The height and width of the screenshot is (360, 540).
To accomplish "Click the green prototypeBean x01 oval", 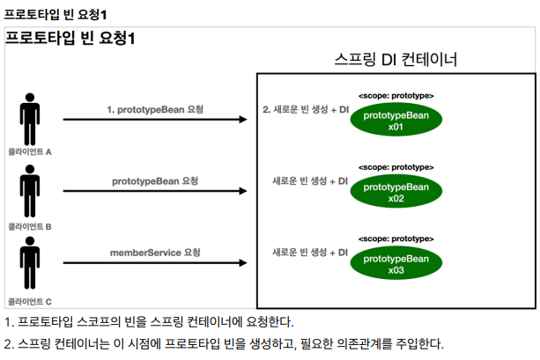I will (396, 121).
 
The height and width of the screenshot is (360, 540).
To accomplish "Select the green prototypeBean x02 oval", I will (396, 193).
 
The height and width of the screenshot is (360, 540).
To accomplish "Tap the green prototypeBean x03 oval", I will (396, 263).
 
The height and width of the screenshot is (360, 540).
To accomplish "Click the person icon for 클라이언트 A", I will (30, 119).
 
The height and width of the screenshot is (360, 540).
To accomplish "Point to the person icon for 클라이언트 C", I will (30, 267).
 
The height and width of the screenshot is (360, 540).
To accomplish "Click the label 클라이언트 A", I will (30, 151).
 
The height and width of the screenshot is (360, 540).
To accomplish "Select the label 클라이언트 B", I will (30, 226).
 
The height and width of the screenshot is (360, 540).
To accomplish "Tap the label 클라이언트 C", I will (30, 300).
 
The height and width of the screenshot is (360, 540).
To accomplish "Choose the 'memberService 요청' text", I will (155, 252).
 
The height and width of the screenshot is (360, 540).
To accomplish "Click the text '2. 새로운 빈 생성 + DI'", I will (306, 110).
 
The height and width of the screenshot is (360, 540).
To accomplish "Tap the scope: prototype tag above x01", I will (396, 95).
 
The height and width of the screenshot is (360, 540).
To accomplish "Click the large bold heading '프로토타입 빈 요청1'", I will (70, 39).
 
